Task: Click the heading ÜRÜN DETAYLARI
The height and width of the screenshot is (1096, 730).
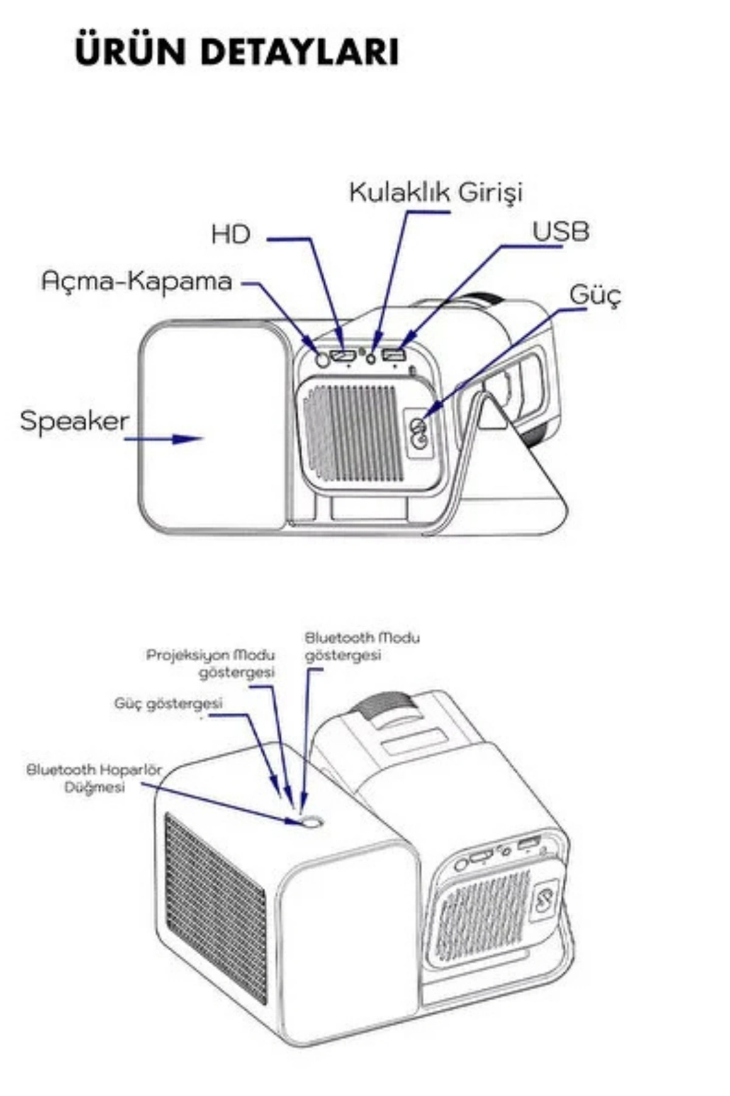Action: (237, 52)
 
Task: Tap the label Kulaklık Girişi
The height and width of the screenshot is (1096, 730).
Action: (436, 192)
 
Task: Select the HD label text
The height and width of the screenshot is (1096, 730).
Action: (231, 234)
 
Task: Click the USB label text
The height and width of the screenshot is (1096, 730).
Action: (560, 232)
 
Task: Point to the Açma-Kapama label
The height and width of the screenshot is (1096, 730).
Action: (137, 281)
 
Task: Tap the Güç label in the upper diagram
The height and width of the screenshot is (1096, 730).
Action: (595, 295)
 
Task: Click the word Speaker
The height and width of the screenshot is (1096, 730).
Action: (74, 421)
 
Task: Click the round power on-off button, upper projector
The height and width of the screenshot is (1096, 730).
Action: (323, 359)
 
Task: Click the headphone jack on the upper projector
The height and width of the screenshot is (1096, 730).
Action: (372, 358)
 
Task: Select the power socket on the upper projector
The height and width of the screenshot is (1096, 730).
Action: (419, 432)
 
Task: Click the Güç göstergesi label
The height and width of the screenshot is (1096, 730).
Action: (169, 703)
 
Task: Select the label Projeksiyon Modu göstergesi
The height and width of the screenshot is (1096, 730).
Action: (210, 664)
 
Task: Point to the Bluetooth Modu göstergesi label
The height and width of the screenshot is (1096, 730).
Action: (362, 646)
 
